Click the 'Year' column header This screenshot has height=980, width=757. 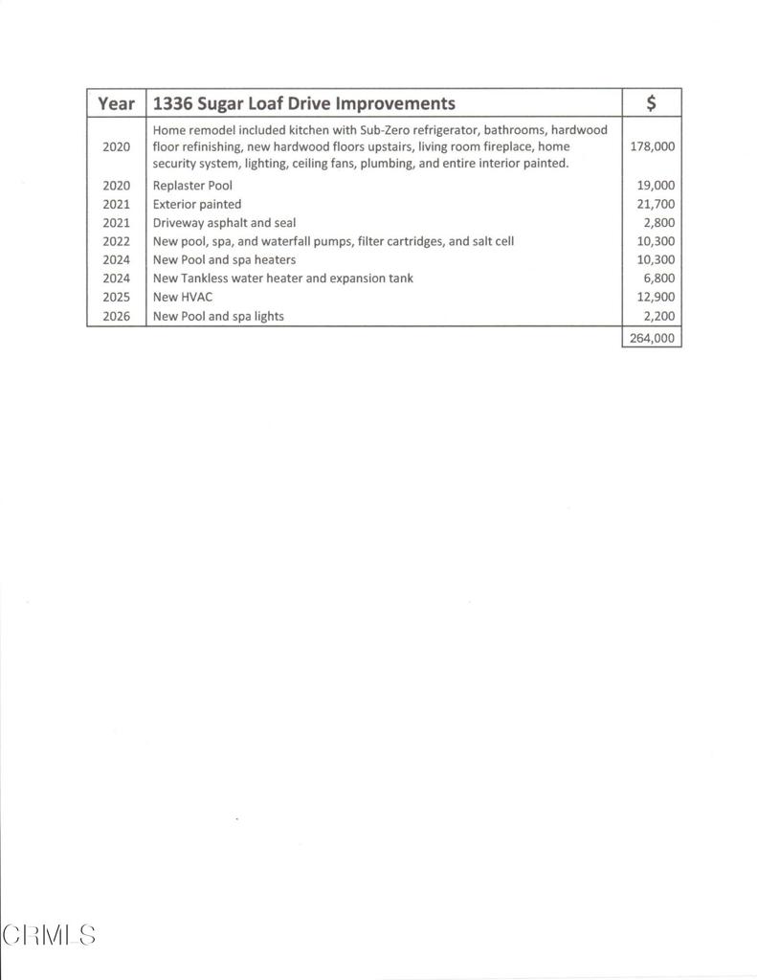coord(116,103)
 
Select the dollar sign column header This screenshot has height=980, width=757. coord(651,103)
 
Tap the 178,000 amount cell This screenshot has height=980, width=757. coord(654,146)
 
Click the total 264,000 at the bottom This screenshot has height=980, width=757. coord(653,337)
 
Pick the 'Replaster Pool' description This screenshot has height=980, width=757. coord(192,186)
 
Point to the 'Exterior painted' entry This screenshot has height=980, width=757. coord(197,204)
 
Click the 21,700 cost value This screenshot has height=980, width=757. coord(656,204)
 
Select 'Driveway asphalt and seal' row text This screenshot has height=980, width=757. coord(224,223)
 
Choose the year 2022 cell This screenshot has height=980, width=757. coord(116,241)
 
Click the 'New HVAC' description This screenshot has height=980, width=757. coord(183,297)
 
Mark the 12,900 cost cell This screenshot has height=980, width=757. coord(656,297)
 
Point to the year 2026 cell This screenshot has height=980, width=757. coord(116,316)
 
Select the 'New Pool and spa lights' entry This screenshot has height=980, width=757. coord(218,316)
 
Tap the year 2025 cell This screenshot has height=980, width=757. coord(116,297)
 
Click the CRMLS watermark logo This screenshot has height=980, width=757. coord(49,934)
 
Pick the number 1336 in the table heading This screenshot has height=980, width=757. coord(173,103)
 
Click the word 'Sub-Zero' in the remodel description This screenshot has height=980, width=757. coord(386,130)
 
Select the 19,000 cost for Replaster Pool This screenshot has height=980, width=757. coord(656,186)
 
